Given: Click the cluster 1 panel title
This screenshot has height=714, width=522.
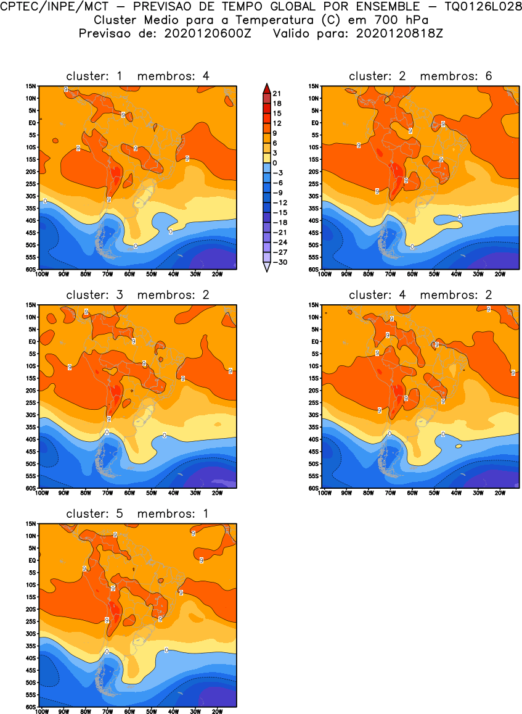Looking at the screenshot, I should [x=137, y=76].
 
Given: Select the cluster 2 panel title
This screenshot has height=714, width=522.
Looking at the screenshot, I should [x=420, y=76].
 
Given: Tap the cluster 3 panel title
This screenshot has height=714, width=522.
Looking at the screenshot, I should [x=137, y=295].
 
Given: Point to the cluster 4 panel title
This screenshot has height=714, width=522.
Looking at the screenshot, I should [x=420, y=295].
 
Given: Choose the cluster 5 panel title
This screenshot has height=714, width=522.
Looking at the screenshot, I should [x=137, y=513].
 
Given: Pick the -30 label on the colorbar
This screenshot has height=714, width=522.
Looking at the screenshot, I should [x=279, y=262].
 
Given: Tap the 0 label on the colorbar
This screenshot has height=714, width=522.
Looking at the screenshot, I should [x=275, y=162].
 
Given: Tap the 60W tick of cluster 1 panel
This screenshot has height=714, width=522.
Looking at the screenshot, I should [x=129, y=274].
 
